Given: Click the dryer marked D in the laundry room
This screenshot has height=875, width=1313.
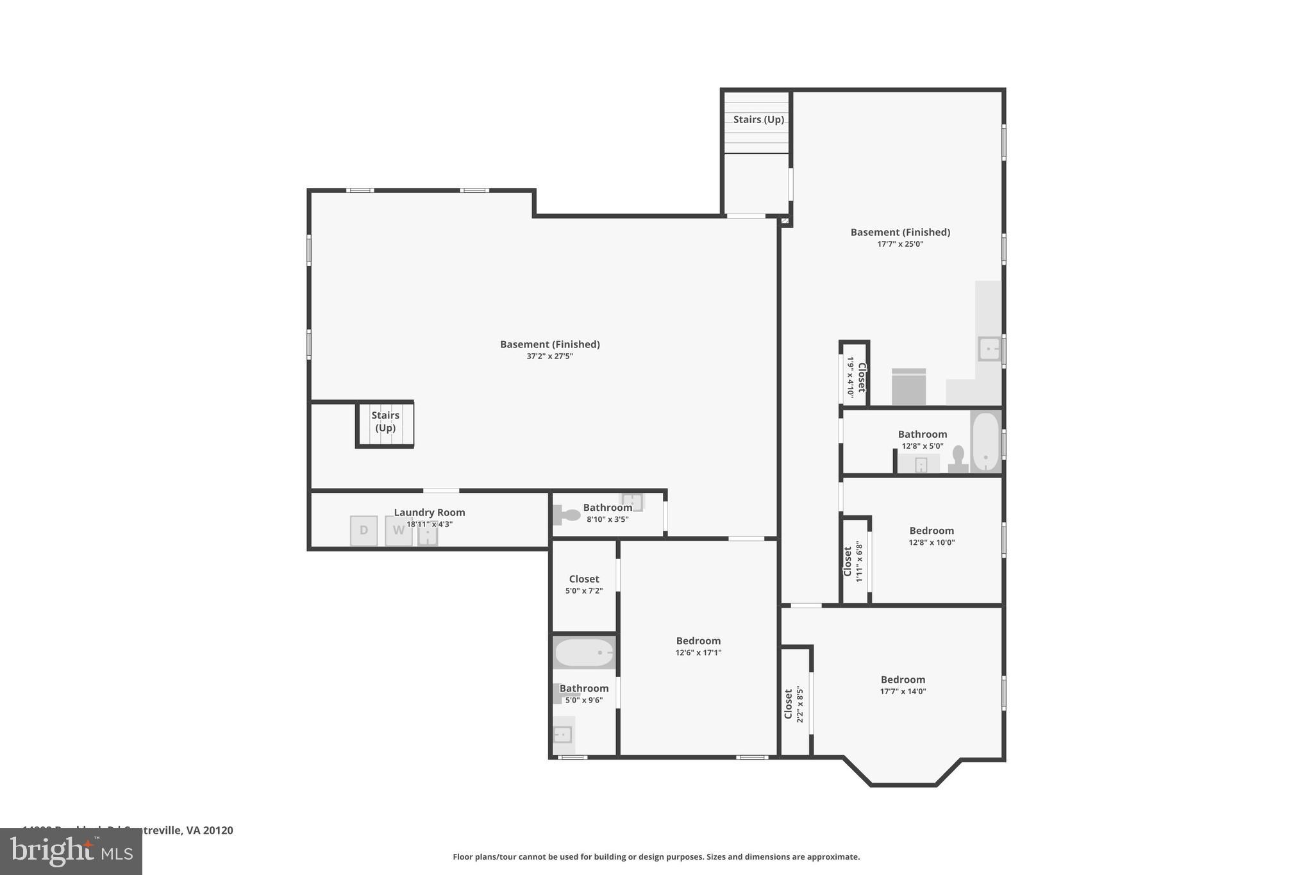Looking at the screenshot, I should coord(364,531).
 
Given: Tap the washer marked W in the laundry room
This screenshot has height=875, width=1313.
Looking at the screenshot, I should coord(398,531).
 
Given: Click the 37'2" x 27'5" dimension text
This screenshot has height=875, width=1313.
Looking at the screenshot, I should coord(549,356).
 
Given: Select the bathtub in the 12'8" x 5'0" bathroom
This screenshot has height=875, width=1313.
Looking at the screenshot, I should coord(985,442).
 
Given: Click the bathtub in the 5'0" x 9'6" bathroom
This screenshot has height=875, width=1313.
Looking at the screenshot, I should coord(583,653).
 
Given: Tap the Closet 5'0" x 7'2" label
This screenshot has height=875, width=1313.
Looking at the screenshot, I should coord(583,579).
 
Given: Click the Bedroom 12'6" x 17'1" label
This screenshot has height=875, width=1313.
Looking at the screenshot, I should coord(698,641).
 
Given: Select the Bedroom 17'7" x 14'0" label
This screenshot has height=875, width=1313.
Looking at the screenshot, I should coord(902,680).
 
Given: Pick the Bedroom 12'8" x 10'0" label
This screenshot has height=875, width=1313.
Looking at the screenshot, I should coord(931,531).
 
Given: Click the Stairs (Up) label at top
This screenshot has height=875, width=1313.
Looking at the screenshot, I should coord(758,120).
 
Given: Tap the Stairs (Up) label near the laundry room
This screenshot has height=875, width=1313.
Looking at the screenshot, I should coord(385,422).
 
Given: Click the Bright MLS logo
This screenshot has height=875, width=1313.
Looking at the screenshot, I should coord(71,852).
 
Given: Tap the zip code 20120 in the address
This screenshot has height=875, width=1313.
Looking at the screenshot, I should coord(218,831).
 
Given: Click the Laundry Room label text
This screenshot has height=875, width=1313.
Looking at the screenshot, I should coord(429,513).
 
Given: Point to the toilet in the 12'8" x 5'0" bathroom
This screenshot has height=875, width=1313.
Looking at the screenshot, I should coord(958,459).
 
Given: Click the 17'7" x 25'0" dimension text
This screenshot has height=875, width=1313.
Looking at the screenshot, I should coord(900,244).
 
